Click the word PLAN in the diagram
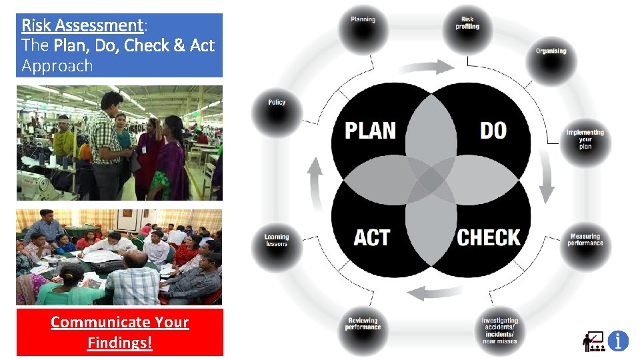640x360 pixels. click(x=370, y=130)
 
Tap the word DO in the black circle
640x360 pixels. click(x=493, y=130)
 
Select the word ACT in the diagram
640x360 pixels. click(x=372, y=237)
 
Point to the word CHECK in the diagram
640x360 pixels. click(x=488, y=237)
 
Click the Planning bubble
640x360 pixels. click(x=363, y=25)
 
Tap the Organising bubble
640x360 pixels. click(x=551, y=55)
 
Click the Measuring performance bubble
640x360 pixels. click(x=585, y=241)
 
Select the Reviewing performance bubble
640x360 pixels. click(x=363, y=327)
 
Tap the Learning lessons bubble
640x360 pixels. click(x=277, y=242)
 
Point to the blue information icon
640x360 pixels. click(x=618, y=341)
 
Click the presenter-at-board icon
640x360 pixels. click(x=593, y=341)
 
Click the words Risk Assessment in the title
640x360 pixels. click(x=82, y=25)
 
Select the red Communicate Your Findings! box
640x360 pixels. click(x=120, y=332)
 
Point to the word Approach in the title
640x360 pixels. click(x=57, y=65)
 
